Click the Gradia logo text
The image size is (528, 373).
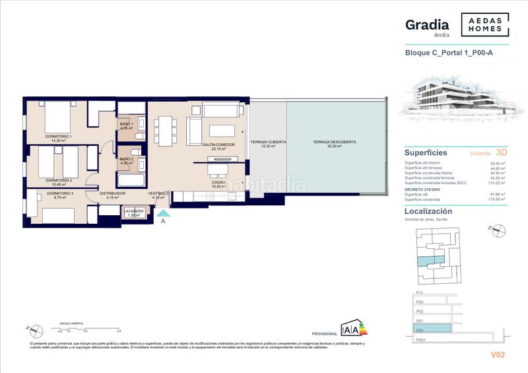point(427,24)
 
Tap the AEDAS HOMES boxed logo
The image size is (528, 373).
point(485,24)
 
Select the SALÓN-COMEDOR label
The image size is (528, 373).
point(219,147)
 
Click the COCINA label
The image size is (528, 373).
point(218,184)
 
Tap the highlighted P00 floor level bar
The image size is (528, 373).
point(432,328)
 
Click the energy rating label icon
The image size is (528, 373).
point(352,329)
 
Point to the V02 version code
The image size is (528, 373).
point(498,355)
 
